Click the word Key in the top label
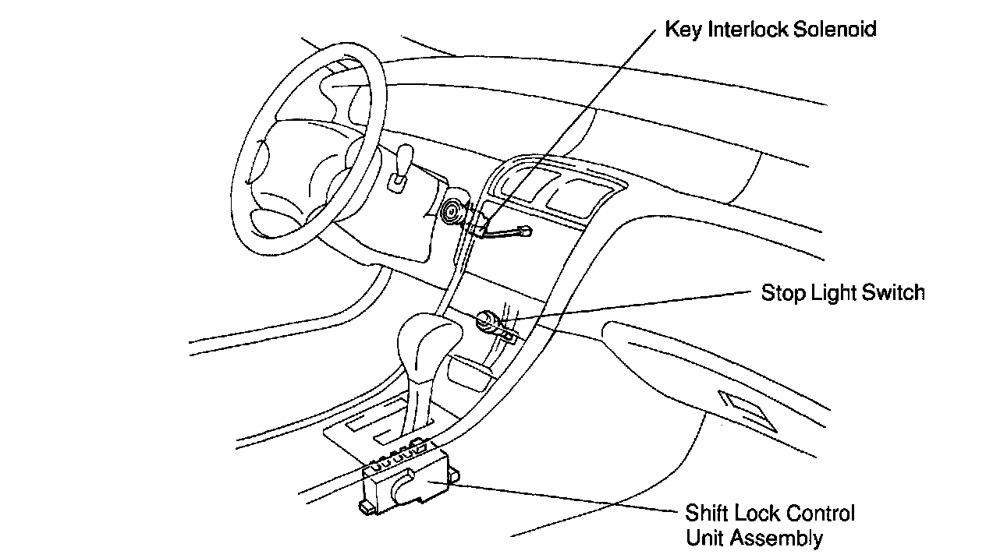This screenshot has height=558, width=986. click(x=679, y=30)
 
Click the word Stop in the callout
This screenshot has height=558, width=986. click(x=781, y=293)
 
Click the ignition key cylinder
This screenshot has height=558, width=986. click(x=452, y=211)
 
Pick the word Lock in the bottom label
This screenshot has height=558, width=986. click(x=754, y=514)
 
